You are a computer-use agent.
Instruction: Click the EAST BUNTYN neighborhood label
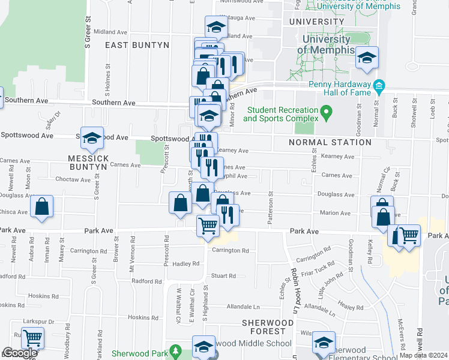[x=137, y=45]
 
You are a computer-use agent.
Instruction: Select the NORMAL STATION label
[x=330, y=142]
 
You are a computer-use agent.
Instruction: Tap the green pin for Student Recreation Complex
[x=326, y=111]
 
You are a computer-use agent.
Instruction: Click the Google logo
[x=19, y=353]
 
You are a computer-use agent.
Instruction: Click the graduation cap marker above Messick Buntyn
[x=92, y=139]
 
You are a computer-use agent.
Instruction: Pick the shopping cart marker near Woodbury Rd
[x=32, y=338]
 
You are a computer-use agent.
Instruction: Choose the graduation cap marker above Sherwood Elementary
[x=324, y=342]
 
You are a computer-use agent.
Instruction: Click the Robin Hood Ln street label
[x=296, y=282]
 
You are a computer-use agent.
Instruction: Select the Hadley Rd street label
[x=185, y=263]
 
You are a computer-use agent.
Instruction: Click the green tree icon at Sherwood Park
[x=175, y=350]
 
